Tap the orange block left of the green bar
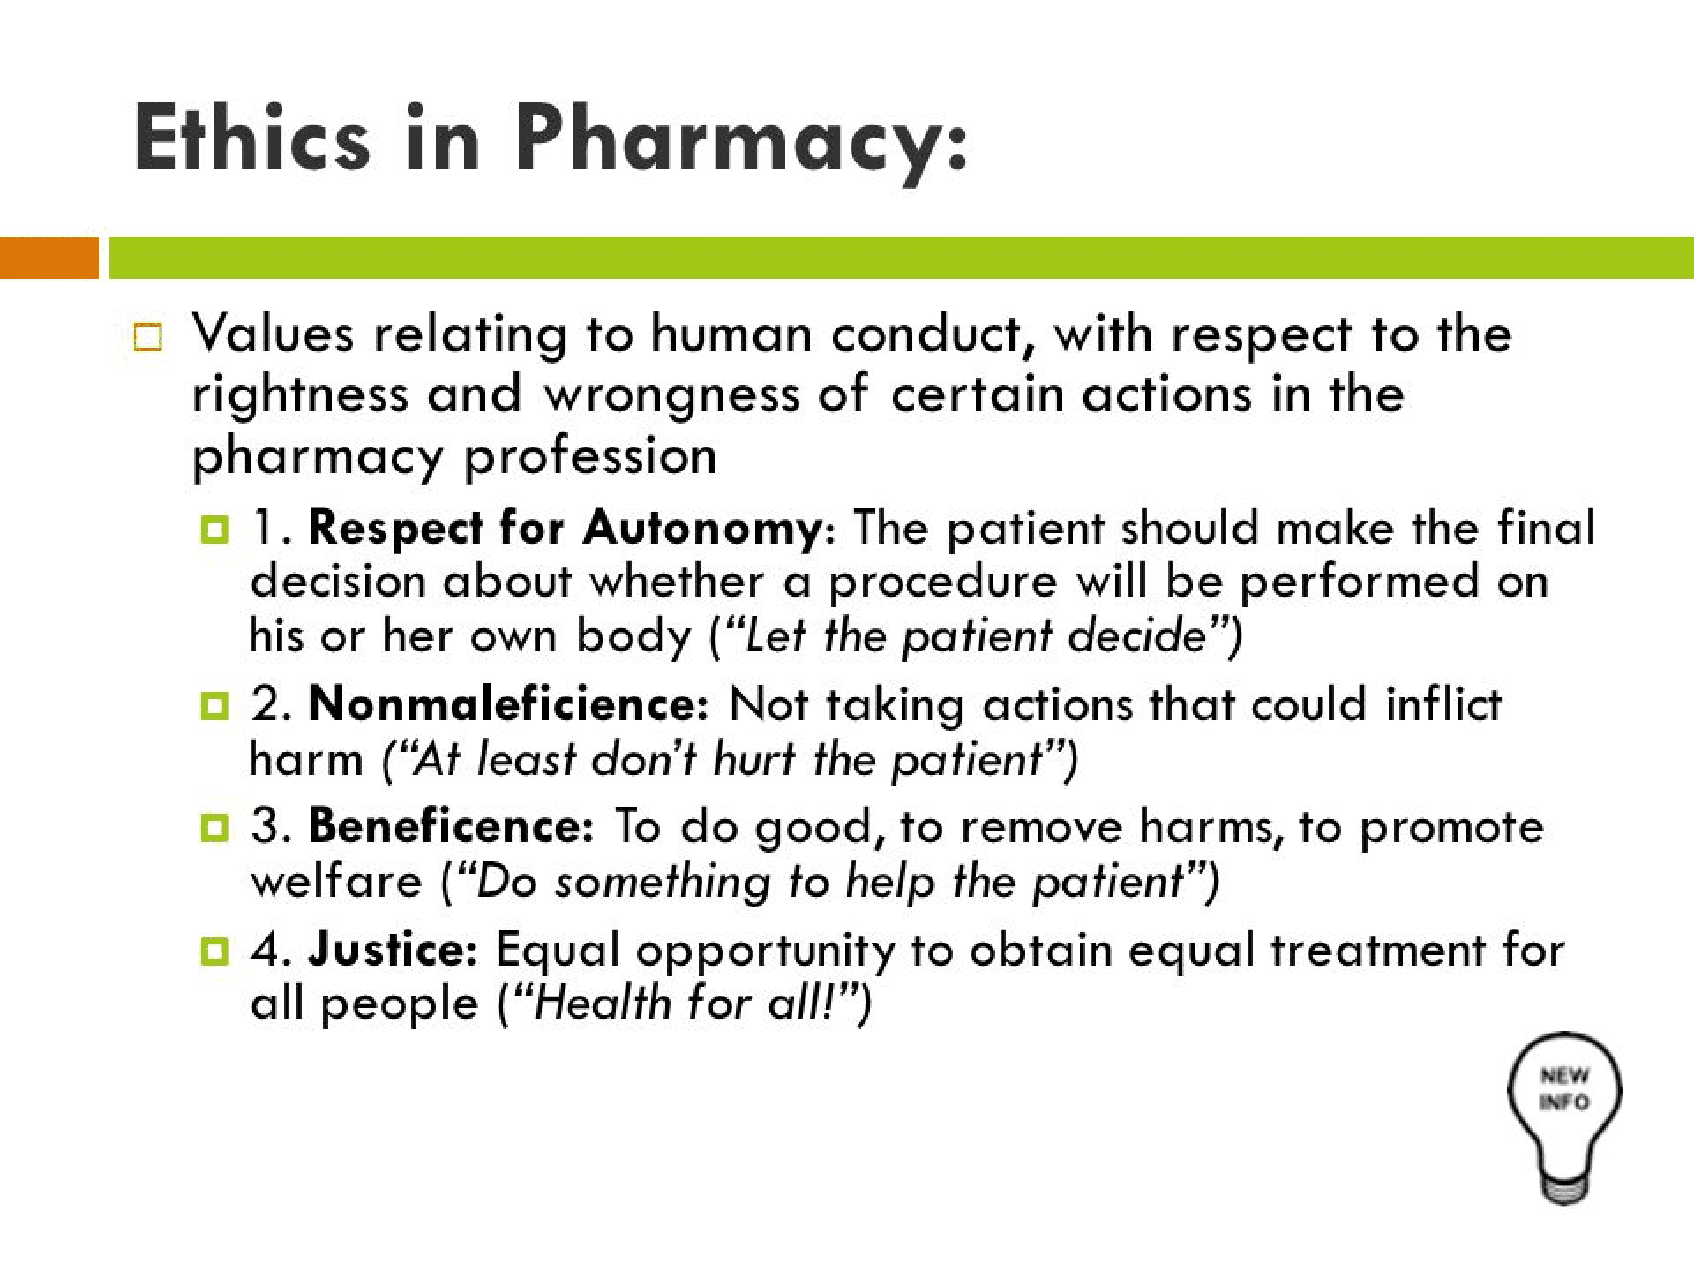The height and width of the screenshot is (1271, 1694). pos(49,257)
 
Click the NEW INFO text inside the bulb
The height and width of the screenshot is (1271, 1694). pos(1565,1089)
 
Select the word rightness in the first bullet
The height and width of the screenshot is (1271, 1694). pos(299,396)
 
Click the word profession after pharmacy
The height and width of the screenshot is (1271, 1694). pos(591,457)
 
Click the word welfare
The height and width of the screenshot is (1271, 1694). pos(336,881)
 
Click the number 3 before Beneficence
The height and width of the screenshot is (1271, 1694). pos(266,826)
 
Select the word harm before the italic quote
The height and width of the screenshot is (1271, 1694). pos(306,760)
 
